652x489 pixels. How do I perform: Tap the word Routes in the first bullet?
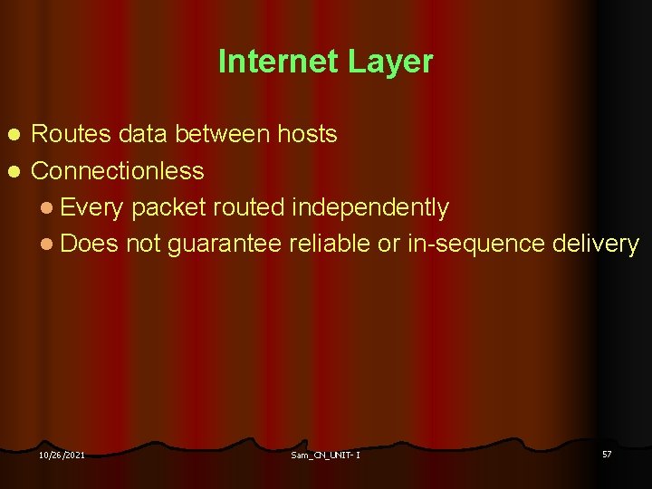71,135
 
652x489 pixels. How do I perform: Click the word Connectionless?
118,170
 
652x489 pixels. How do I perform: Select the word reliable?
329,244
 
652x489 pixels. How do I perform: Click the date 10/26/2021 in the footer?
62,455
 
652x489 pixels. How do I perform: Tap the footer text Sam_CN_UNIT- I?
325,455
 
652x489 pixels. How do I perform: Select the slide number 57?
607,453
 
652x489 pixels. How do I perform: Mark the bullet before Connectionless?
13,171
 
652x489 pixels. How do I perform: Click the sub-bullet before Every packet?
46,208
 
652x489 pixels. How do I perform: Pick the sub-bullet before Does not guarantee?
46,244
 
